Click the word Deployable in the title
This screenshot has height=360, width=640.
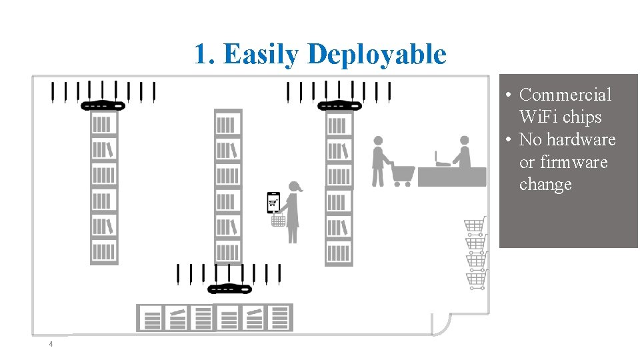point(377,54)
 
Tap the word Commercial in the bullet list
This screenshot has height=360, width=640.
point(565,95)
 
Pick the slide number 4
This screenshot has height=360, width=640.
point(50,344)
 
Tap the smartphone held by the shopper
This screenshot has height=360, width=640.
point(273,201)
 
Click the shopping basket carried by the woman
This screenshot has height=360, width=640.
point(279,219)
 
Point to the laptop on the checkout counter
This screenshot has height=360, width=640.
point(442,159)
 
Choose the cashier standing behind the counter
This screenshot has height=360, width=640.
point(463,153)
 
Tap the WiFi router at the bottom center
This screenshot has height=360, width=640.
point(230,289)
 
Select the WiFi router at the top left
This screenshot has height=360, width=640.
point(103,105)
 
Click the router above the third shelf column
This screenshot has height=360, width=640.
point(339,105)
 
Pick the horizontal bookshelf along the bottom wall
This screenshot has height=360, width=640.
point(215,317)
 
